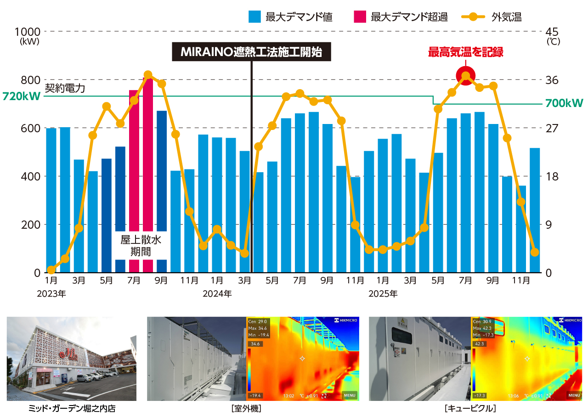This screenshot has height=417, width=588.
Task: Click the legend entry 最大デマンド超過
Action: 401,17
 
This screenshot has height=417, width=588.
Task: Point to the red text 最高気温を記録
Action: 465,52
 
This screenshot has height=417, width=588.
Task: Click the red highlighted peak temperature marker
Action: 465,76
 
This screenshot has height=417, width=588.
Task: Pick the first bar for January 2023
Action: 51,200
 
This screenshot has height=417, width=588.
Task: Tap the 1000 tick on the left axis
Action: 28,31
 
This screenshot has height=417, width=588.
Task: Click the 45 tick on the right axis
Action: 551,31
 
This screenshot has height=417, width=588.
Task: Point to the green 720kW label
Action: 21,96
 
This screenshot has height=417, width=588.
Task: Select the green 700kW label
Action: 564,104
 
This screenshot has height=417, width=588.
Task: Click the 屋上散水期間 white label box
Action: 141,245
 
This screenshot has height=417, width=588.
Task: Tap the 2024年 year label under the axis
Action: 217,293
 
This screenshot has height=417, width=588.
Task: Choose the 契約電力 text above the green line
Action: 65,88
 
